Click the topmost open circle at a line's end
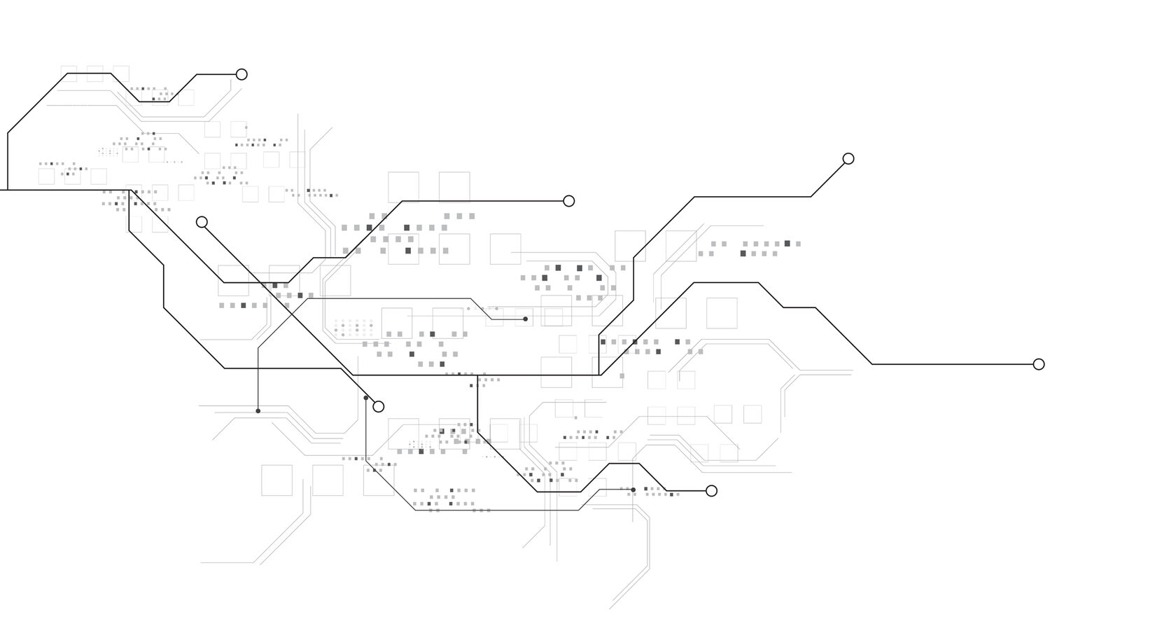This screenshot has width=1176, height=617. point(241,74)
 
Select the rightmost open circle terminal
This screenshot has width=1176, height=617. point(1039,364)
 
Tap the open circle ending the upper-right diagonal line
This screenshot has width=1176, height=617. point(848,159)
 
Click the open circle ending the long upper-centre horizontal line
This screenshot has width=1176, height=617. point(569,201)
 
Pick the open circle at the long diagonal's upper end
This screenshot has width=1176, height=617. point(202,222)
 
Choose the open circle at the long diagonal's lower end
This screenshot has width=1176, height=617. point(379,406)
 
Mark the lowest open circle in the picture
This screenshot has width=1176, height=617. point(711,491)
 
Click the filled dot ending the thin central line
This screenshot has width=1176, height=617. point(526,319)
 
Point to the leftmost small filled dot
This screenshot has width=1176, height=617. point(258,411)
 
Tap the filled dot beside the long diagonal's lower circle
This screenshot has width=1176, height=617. point(366,398)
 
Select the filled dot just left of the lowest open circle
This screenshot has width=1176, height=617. point(633,490)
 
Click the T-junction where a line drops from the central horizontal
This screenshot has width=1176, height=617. point(477,375)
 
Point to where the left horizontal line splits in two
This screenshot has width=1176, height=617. point(129,190)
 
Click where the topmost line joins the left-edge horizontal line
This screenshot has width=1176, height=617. point(8,190)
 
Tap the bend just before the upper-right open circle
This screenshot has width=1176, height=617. point(811,197)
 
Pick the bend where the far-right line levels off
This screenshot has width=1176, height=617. point(872,364)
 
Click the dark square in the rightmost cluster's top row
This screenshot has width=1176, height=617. point(787,243)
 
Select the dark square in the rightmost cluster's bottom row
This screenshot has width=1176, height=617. point(743,254)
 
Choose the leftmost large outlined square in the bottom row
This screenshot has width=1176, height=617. point(276,480)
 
